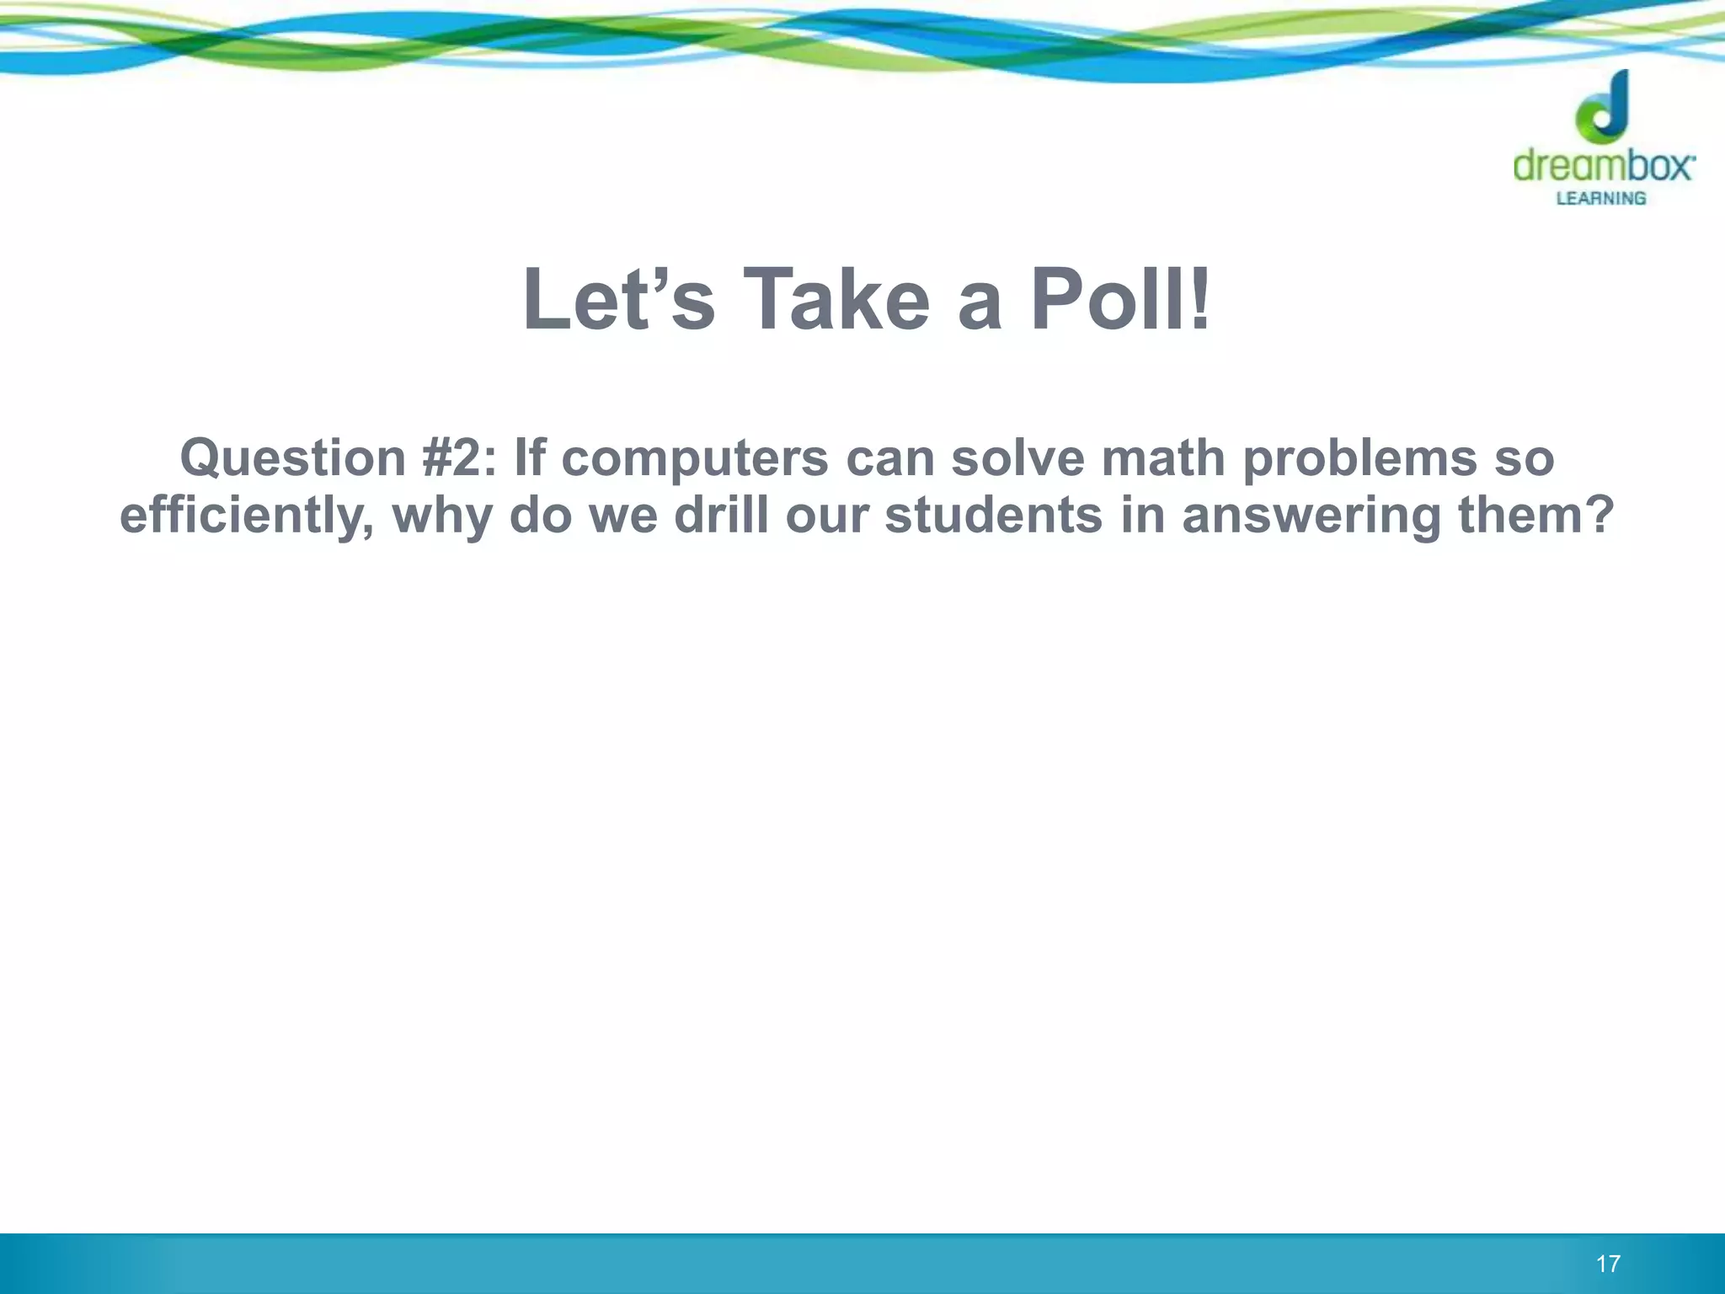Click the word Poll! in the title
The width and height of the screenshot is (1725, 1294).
(1120, 300)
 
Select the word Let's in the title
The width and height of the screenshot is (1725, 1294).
(618, 300)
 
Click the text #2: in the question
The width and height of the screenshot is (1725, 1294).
(460, 459)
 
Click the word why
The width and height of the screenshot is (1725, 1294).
(442, 516)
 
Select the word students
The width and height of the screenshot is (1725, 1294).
(993, 516)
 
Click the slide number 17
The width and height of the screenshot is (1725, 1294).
(1608, 1264)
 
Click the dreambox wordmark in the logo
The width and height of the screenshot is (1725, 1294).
(1603, 166)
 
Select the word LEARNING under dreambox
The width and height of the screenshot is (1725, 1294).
(1600, 199)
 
